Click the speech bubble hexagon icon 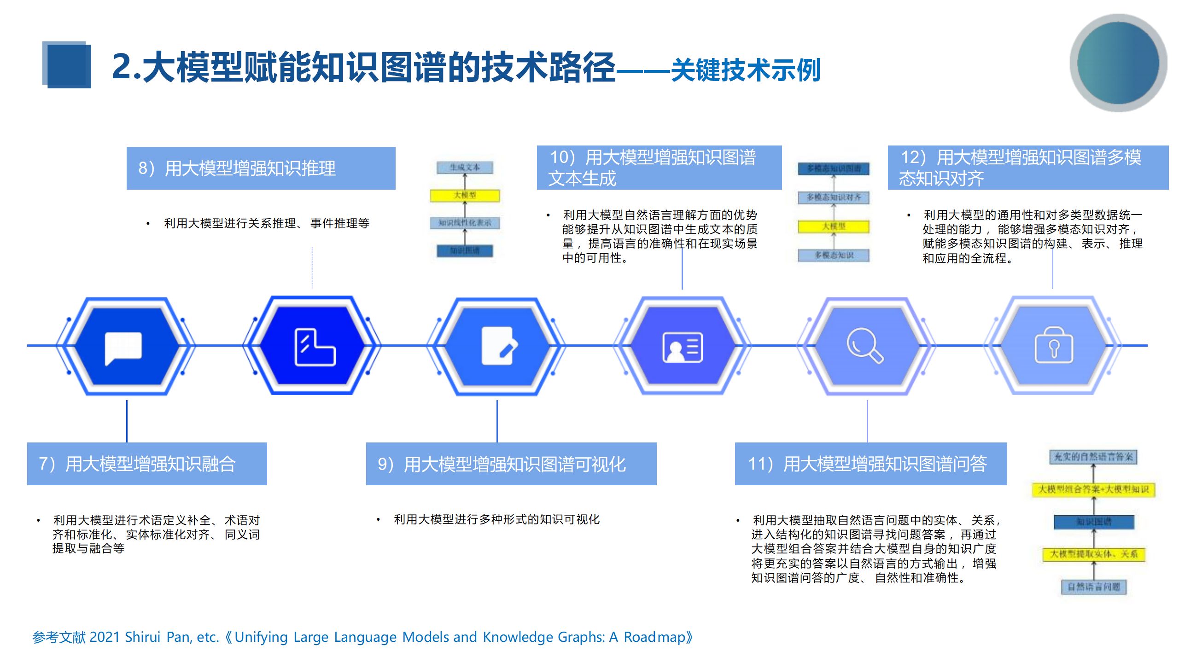click(x=123, y=347)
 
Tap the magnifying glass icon click(x=865, y=346)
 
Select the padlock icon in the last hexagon click(x=1054, y=346)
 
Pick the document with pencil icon click(x=499, y=346)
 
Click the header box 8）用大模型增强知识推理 click(x=261, y=169)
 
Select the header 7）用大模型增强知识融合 click(x=147, y=464)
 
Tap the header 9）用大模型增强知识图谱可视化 click(x=511, y=464)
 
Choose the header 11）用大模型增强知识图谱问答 click(x=870, y=464)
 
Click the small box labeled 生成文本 click(x=465, y=168)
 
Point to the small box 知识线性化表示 click(x=465, y=223)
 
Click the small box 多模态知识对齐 click(x=834, y=198)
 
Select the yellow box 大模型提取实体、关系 click(x=1093, y=554)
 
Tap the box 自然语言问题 click(x=1094, y=587)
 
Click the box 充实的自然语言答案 click(x=1093, y=457)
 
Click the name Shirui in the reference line click(x=143, y=637)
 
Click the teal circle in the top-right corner click(x=1118, y=63)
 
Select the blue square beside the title click(x=67, y=65)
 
